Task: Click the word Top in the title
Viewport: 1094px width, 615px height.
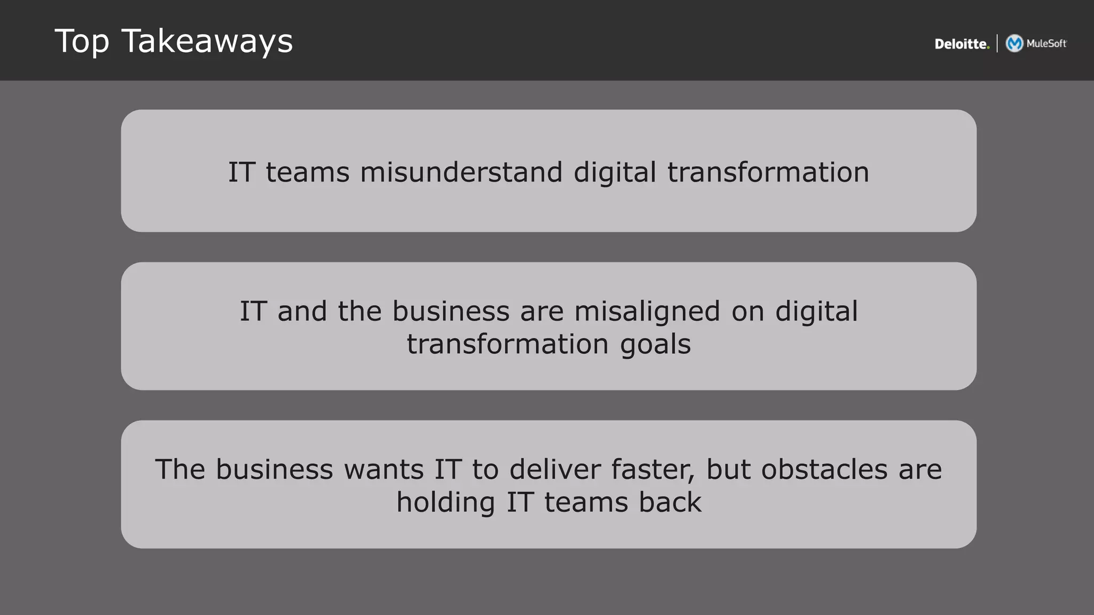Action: point(82,42)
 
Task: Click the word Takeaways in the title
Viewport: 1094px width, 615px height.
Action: point(207,42)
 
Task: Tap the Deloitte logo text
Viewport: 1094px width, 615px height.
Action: point(960,44)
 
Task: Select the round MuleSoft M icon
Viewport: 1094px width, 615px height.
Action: point(1014,43)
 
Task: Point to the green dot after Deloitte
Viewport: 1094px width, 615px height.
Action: point(988,48)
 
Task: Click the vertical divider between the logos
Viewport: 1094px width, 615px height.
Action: point(997,43)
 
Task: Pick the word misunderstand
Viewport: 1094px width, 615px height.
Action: point(461,172)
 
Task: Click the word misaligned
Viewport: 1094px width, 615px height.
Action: point(647,311)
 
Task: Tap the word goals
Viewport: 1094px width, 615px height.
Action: point(655,344)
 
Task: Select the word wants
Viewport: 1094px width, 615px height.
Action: point(383,470)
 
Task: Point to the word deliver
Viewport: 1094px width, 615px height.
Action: point(554,470)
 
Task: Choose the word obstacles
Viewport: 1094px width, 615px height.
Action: point(824,470)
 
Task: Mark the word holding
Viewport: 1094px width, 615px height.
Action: point(446,503)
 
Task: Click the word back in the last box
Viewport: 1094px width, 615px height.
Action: point(670,503)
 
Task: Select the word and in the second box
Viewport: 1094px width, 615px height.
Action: point(302,311)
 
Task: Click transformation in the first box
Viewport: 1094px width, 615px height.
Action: point(768,172)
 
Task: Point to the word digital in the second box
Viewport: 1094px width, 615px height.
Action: point(816,311)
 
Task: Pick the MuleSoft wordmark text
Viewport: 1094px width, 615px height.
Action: point(1046,43)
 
